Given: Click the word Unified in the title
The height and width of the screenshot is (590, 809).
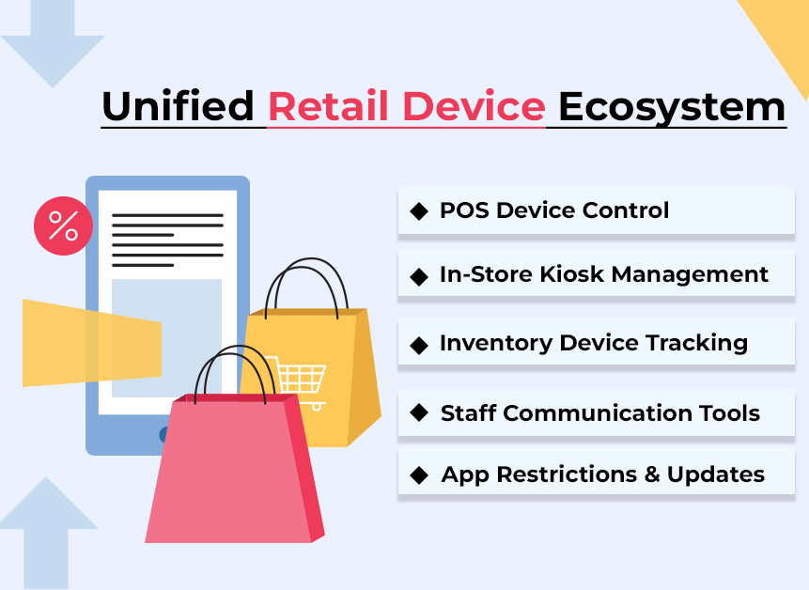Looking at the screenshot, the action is [178, 106].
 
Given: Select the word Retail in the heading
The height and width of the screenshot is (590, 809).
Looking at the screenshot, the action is [328, 106].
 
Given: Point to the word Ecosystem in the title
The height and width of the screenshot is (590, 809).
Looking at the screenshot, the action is [672, 109].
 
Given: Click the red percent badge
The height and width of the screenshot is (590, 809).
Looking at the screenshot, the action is [64, 225].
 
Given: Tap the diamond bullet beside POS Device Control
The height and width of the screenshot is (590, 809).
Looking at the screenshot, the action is [419, 211].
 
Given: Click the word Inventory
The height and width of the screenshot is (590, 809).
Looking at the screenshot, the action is [496, 343].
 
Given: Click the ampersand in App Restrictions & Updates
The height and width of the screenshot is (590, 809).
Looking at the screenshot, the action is [652, 474].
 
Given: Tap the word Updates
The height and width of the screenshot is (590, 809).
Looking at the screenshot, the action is [716, 474].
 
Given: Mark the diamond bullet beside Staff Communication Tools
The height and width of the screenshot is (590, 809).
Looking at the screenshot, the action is [419, 412].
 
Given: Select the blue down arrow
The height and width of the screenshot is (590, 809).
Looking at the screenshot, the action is [52, 44].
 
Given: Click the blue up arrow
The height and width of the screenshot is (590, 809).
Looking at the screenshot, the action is [46, 533].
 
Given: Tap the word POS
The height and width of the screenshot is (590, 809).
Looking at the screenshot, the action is [464, 210].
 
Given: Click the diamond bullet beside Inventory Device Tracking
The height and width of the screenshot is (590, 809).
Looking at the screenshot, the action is [419, 346].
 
